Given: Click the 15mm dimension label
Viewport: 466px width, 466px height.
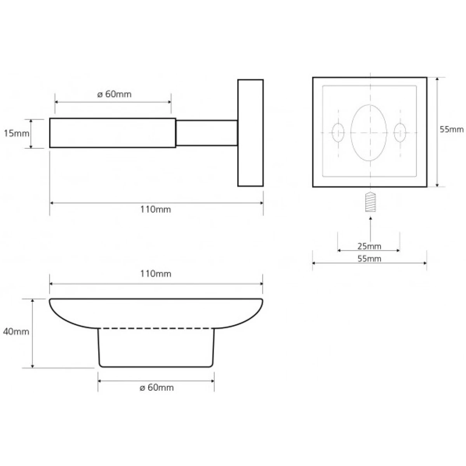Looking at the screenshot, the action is click(x=16, y=133).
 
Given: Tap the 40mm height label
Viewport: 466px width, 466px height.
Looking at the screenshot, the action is click(x=16, y=332).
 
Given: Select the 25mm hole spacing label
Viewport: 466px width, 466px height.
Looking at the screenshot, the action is click(x=369, y=247).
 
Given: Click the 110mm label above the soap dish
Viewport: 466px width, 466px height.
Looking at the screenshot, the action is click(x=156, y=274).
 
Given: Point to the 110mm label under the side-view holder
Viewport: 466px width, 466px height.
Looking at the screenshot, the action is click(x=156, y=209).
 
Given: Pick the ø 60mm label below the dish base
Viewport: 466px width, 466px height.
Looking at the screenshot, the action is click(x=157, y=388).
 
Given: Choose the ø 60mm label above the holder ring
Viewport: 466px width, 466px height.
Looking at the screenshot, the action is click(x=115, y=94).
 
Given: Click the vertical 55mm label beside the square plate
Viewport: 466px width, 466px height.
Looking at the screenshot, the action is click(x=452, y=129).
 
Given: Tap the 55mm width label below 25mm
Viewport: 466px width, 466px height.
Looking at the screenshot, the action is click(x=369, y=259).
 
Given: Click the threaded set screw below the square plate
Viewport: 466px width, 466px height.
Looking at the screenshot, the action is click(x=370, y=202).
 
